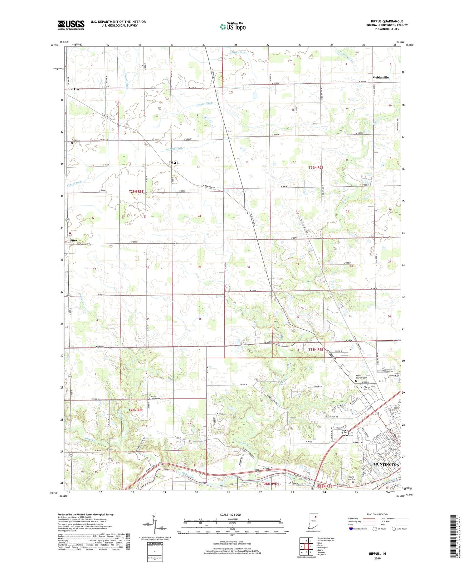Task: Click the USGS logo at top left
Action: coord(71,25)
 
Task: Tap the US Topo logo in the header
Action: coord(232,26)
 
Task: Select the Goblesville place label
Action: coord(381,77)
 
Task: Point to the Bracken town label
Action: coord(73,89)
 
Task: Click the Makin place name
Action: coord(175,163)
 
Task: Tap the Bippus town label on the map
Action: coord(72,240)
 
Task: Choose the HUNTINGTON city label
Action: coord(386,464)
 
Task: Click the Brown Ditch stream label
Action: coord(239,52)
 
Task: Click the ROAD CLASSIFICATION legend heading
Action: coord(378,514)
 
